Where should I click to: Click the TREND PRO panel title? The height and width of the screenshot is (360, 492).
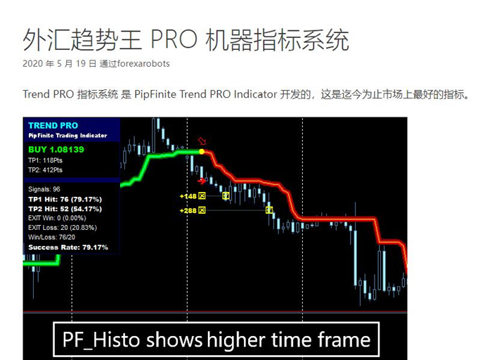click(53, 126)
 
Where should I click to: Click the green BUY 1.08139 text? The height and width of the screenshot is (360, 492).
click(56, 149)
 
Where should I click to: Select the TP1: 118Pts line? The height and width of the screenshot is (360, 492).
click(45, 160)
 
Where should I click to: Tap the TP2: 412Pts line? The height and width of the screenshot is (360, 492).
click(45, 170)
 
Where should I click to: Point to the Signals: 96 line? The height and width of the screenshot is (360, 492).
click(44, 189)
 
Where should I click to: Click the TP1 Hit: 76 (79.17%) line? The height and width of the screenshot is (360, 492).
click(65, 199)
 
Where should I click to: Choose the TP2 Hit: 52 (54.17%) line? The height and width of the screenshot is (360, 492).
click(65, 209)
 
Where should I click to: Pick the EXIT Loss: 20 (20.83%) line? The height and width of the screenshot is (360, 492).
click(63, 228)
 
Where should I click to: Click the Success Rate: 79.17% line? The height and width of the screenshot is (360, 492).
click(68, 247)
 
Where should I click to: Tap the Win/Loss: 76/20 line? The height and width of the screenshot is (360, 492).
click(51, 237)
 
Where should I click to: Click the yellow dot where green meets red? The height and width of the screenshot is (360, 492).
click(202, 152)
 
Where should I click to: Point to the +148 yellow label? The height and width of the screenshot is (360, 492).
click(188, 196)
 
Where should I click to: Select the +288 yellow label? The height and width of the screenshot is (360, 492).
click(188, 211)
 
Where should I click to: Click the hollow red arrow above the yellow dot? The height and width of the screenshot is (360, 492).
click(202, 141)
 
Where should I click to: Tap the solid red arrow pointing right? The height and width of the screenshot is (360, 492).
click(202, 181)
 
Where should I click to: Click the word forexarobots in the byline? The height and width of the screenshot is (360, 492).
click(143, 64)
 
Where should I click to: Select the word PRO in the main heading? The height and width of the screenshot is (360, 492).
click(174, 40)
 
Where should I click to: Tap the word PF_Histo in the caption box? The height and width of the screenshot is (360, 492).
click(101, 340)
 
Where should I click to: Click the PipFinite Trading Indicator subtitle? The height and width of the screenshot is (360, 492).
click(67, 136)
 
